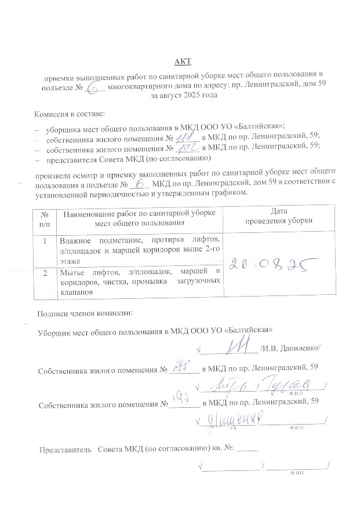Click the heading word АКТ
coord(183,61)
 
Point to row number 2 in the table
coord(44,272)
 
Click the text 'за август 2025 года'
coord(184,96)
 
